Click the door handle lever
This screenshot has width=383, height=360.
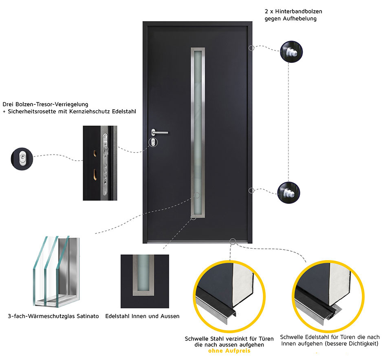pyautogui.click(x=161, y=132)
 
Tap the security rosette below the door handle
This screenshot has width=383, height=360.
pyautogui.click(x=153, y=142)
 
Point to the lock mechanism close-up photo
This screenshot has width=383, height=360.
pyautogui.click(x=100, y=163)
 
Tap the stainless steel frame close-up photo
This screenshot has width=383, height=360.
pyautogui.click(x=145, y=281)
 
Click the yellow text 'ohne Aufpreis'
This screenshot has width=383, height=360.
pyautogui.click(x=229, y=351)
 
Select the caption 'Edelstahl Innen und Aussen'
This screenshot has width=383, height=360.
pyautogui.click(x=142, y=316)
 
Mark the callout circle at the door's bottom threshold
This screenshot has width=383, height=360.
pyautogui.click(x=233, y=241)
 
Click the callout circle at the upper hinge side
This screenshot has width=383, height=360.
pyautogui.click(x=251, y=48)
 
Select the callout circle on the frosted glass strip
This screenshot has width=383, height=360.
pyautogui.click(x=197, y=195)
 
